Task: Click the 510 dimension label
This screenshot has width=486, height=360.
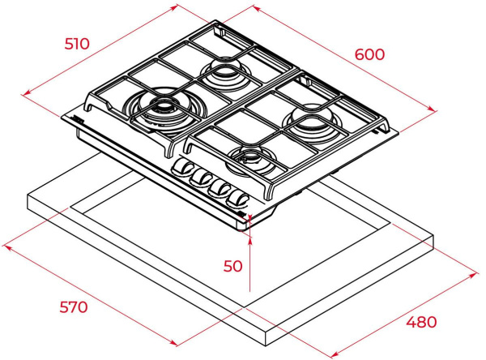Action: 77,44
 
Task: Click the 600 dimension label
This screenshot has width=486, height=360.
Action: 369,54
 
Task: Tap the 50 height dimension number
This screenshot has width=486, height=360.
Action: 232,266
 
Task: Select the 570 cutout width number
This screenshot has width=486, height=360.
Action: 74,307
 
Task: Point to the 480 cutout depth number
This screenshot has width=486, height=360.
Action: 421,322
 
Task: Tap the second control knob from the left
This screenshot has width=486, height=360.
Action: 201,178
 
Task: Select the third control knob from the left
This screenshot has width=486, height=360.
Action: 220,189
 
